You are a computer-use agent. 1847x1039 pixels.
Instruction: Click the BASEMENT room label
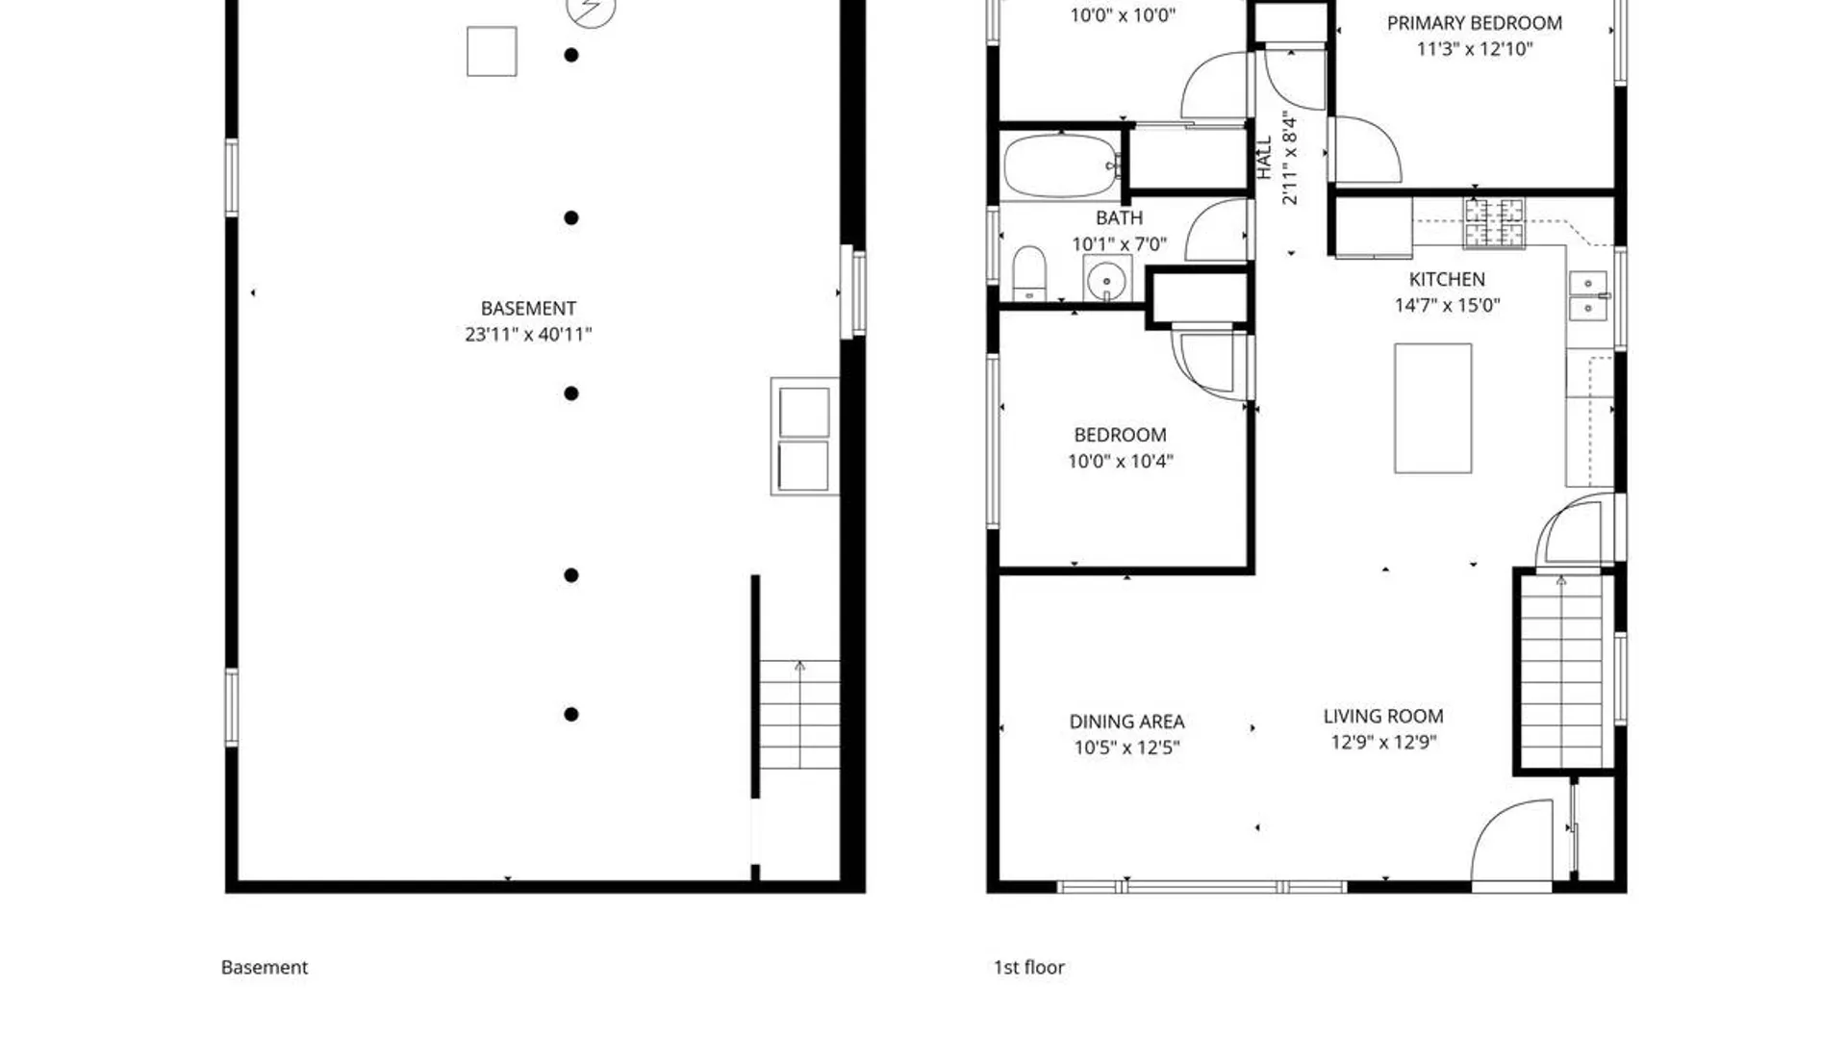(x=528, y=309)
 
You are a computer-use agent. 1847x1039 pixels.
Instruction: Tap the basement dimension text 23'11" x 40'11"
(x=528, y=335)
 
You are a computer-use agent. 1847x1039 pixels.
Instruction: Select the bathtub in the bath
(x=1061, y=165)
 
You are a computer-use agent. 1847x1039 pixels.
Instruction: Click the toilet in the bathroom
(x=1028, y=273)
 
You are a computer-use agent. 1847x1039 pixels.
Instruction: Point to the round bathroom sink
(x=1107, y=280)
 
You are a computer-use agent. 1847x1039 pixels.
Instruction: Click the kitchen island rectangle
(x=1432, y=408)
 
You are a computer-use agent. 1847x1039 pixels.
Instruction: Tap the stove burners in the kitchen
(x=1494, y=222)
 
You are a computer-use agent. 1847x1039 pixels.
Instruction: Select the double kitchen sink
(x=1588, y=295)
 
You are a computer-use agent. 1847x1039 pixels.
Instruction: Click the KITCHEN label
(x=1447, y=280)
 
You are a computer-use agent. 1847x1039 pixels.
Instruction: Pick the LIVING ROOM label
(x=1383, y=717)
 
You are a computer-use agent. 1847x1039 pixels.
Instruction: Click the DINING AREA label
(x=1126, y=722)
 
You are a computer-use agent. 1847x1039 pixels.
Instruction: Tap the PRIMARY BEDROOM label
(x=1474, y=23)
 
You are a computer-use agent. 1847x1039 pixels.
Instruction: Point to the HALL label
(x=1264, y=158)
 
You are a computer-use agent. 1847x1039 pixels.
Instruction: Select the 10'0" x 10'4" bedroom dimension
(x=1120, y=462)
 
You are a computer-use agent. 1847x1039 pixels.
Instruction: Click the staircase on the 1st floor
(x=1564, y=672)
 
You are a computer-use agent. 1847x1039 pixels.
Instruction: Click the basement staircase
(x=799, y=714)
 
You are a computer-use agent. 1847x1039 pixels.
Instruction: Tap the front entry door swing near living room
(x=1511, y=840)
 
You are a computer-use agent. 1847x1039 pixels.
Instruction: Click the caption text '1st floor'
(x=1029, y=968)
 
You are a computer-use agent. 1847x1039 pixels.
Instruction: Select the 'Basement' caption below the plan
(x=265, y=968)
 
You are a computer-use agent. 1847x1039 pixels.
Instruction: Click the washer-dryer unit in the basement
(x=804, y=437)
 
